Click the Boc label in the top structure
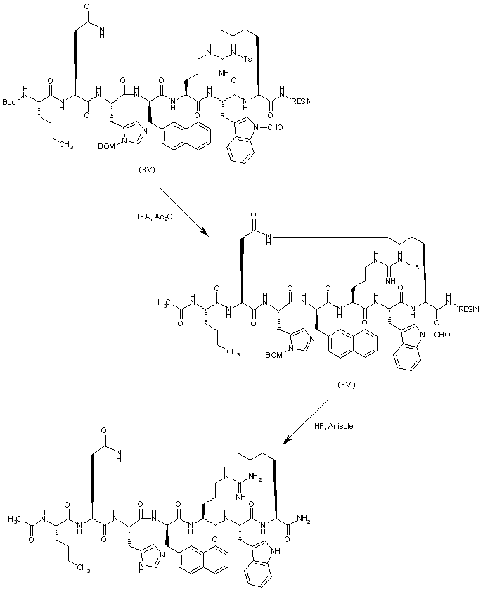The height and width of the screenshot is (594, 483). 10,102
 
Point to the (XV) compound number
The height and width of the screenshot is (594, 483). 149,169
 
